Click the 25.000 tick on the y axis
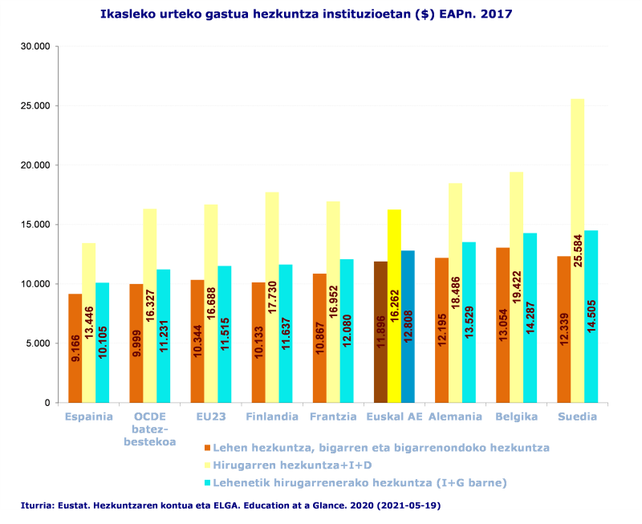tap(36, 106)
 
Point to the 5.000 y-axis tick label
tap(39, 343)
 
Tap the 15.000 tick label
tap(36, 225)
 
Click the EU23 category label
tap(210, 416)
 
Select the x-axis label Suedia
tap(577, 416)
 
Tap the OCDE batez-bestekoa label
tap(149, 429)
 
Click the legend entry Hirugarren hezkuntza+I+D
tap(292, 465)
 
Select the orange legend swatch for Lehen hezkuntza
tap(207, 448)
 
